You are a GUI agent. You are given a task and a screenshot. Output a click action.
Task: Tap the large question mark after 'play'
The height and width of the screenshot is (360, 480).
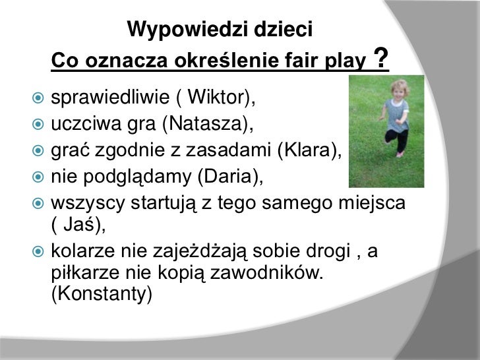click(x=380, y=58)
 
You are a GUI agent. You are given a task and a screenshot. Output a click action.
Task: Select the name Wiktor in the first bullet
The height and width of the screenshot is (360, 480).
click(x=217, y=99)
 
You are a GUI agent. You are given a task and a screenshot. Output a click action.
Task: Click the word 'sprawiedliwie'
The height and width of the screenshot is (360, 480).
click(x=105, y=99)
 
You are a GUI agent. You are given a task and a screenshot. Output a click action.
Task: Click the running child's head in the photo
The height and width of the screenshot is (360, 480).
click(x=398, y=88)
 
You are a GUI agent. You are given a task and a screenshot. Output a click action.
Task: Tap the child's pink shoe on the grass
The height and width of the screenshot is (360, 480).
click(x=400, y=154)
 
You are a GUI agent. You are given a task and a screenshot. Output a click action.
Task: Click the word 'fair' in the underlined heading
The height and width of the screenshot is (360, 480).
click(x=303, y=62)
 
